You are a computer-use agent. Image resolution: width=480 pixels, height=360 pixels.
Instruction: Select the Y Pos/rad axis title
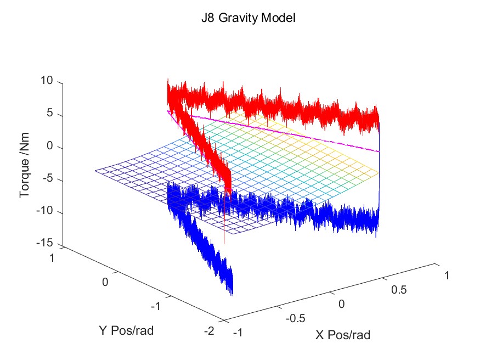(130, 330)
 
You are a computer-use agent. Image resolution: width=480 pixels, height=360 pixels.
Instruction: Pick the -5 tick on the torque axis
(47, 180)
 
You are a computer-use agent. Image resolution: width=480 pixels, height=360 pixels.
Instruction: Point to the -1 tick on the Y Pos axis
(155, 306)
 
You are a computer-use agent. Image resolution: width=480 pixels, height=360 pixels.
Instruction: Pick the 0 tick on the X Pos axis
(343, 304)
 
